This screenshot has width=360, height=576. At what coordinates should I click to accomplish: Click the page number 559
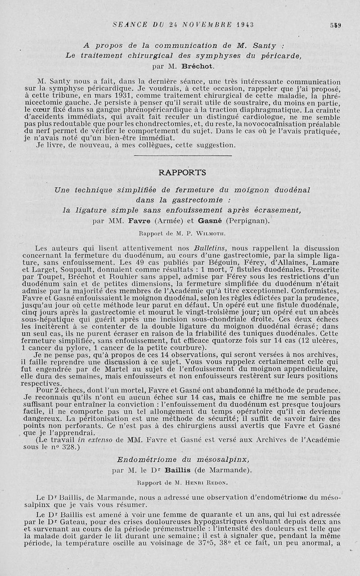click(335, 25)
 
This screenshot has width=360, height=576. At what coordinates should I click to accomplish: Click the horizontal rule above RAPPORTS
click(183, 156)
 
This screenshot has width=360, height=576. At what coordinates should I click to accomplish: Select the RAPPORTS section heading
click(182, 172)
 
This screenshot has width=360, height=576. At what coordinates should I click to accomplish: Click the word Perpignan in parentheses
click(247, 220)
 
